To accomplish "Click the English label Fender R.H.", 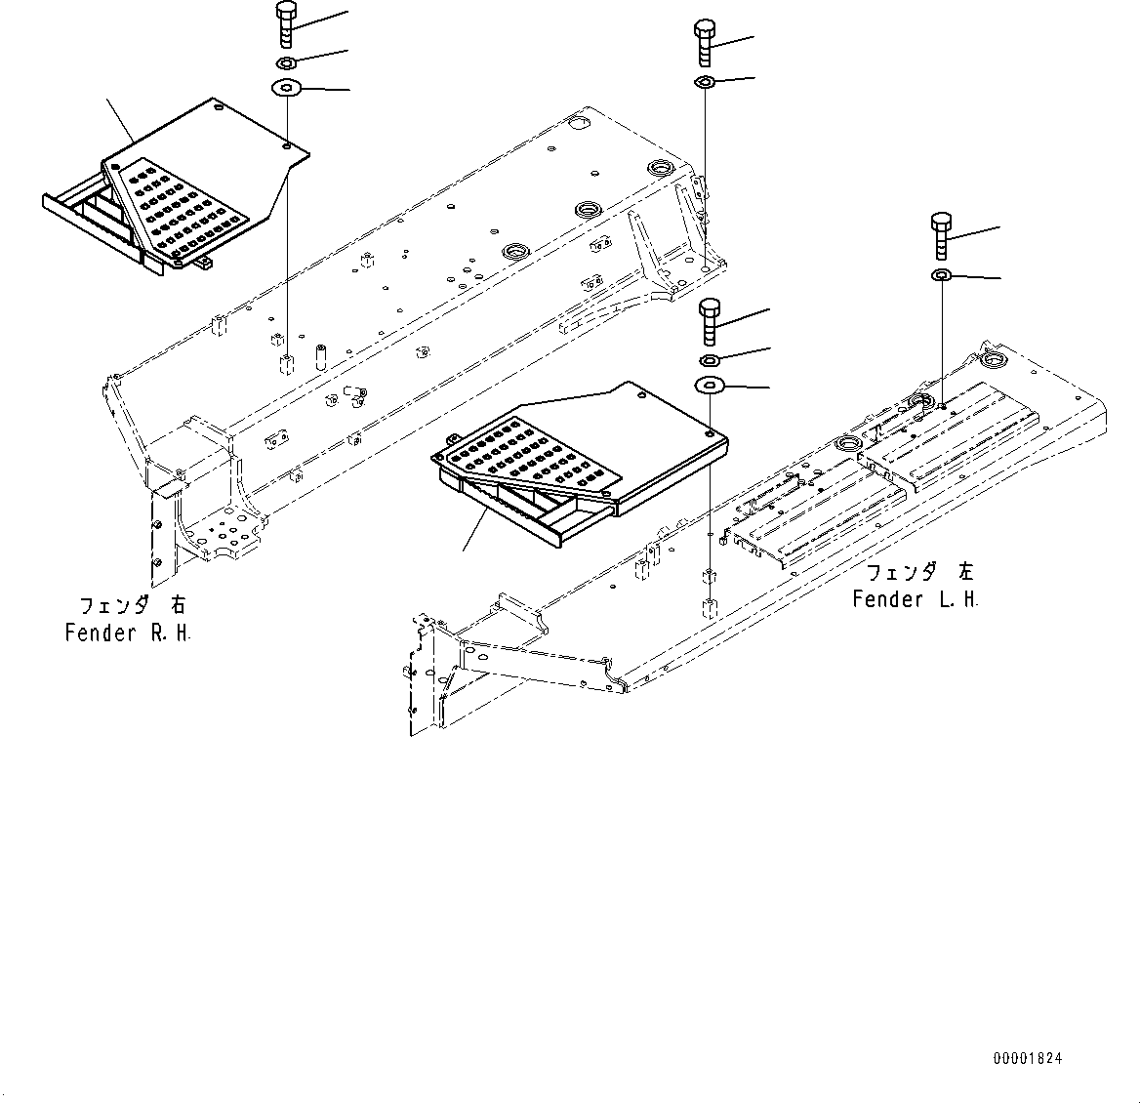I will coord(128,633).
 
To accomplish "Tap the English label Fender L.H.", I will coord(915,599).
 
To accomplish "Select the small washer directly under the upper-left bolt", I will coord(287,64).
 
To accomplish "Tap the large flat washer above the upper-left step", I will coord(286,89).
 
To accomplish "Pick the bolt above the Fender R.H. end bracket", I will coord(705,42).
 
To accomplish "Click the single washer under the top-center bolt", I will coord(705,82).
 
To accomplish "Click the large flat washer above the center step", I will coord(710,386).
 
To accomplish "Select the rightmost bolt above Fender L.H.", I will coord(942,235).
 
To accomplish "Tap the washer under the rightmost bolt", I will coord(942,277).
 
